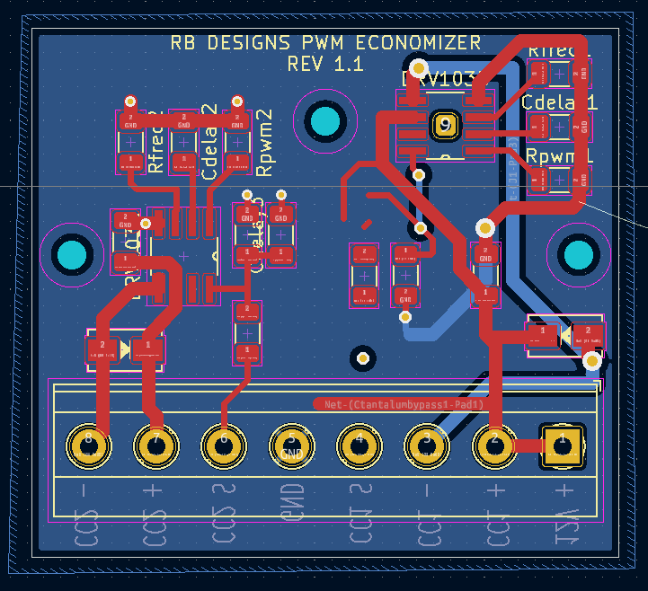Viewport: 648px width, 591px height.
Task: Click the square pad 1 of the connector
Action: (563, 444)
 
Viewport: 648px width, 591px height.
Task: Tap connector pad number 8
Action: (88, 444)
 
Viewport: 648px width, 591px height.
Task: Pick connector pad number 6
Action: (224, 444)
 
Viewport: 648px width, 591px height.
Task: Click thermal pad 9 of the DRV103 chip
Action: (444, 126)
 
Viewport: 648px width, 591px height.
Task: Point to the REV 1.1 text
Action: (324, 65)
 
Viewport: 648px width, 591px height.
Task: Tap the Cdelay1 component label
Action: (558, 102)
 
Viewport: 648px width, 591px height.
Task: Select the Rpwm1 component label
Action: (558, 156)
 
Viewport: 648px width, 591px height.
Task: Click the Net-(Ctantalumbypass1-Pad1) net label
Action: (399, 405)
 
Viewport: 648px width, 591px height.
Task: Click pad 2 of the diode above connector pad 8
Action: (103, 347)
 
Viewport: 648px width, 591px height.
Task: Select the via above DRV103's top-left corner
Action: (418, 68)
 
